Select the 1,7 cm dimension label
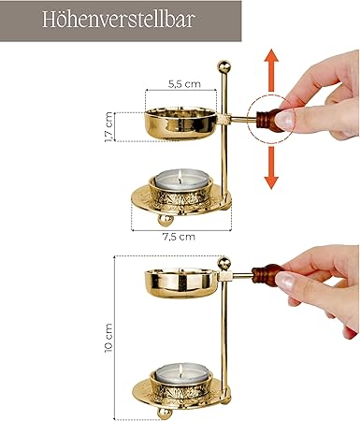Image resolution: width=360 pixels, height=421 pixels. tap(109, 127)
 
